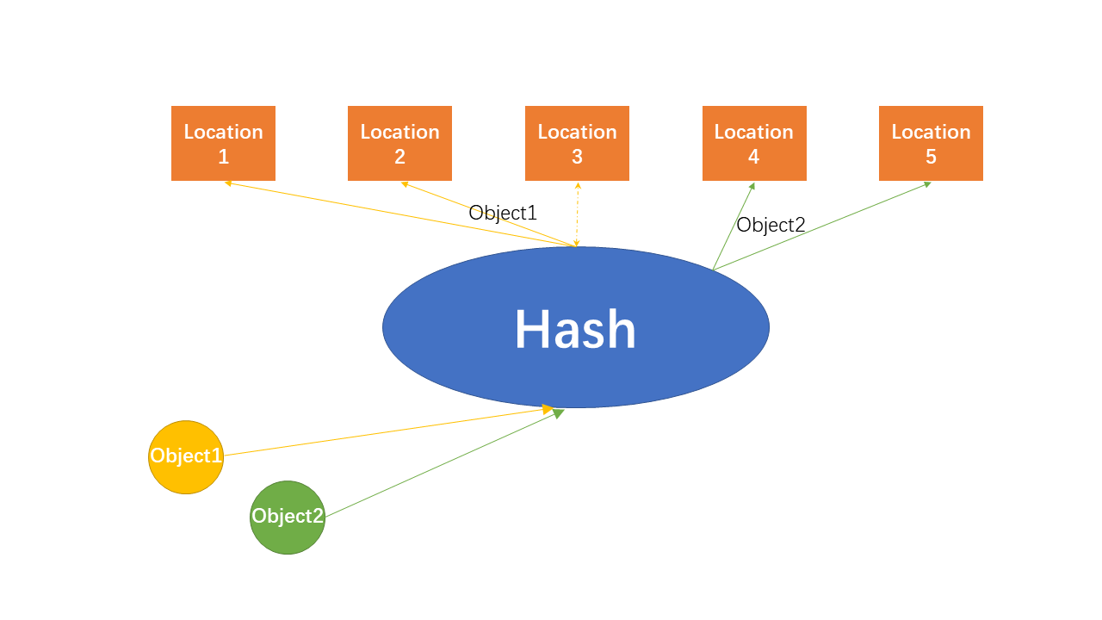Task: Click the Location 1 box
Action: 223,143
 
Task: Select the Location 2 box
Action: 399,143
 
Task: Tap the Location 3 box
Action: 577,143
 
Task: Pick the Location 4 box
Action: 754,143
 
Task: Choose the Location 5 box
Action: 931,143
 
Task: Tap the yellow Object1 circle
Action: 186,456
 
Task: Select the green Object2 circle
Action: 288,517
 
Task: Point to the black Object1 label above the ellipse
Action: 503,213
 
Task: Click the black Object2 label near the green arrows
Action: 771,225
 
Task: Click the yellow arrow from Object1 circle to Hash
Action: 387,431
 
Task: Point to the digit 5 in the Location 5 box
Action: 931,157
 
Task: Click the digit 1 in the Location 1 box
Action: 223,157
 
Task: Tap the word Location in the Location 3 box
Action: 577,132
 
